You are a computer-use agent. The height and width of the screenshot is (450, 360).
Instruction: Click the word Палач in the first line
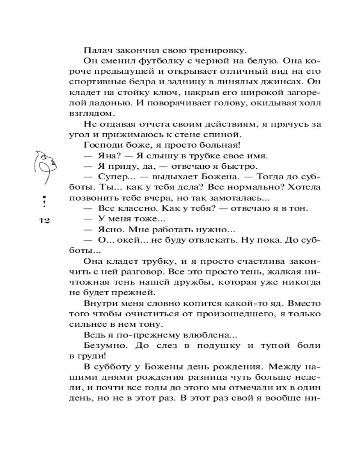point(96,50)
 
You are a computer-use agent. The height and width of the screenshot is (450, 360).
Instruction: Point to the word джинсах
point(281,81)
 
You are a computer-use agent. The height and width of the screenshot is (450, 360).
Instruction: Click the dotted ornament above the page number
point(44,202)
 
